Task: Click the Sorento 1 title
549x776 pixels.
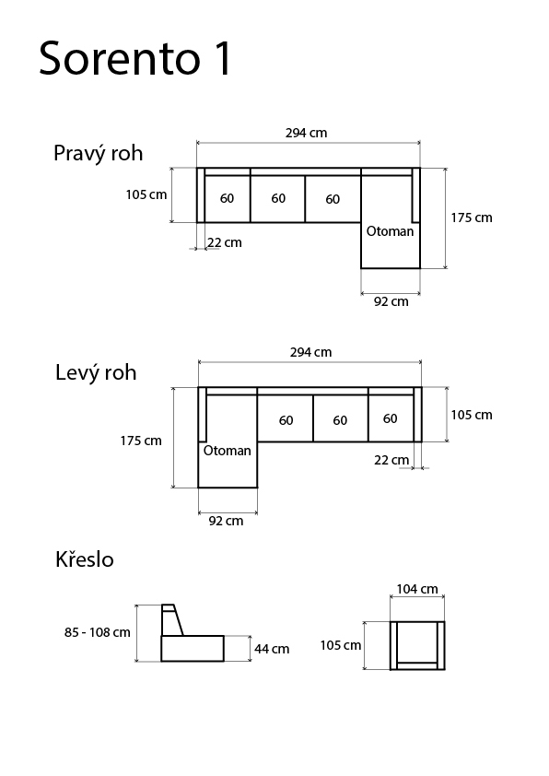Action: click(135, 58)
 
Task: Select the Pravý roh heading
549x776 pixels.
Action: click(98, 153)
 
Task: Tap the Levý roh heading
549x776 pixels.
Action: click(96, 372)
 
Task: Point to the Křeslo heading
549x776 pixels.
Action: click(85, 558)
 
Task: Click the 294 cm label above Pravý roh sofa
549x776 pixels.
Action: click(306, 133)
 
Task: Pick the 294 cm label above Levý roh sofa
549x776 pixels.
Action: click(310, 352)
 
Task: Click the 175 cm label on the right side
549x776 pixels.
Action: click(472, 218)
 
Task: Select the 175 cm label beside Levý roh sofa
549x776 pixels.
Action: click(141, 441)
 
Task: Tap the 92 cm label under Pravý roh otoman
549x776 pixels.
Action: click(391, 301)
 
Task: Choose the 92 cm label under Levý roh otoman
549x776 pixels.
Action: click(226, 521)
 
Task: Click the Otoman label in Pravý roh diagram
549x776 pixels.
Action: click(390, 231)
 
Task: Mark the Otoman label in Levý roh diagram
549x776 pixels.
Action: click(227, 451)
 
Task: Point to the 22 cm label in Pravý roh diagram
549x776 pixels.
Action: click(225, 242)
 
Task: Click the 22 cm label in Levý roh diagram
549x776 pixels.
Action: click(391, 460)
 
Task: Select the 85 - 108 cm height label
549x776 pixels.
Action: click(98, 632)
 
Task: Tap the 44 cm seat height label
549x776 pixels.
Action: click(272, 649)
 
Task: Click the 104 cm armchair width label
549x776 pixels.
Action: click(417, 589)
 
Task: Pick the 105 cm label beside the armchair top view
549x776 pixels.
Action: click(340, 645)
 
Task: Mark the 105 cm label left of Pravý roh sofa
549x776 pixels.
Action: click(146, 194)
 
